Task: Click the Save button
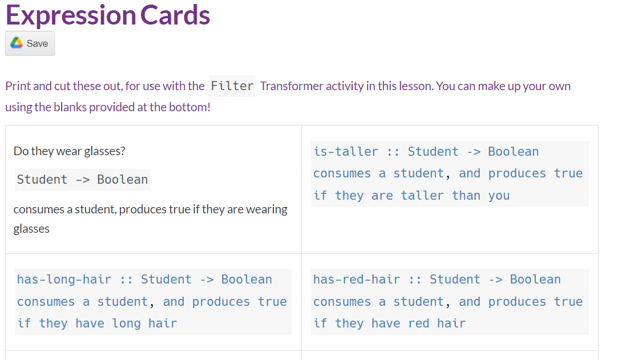point(30,43)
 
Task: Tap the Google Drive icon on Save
point(17,43)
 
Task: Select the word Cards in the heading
point(175,15)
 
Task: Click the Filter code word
point(232,86)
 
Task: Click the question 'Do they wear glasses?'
point(70,151)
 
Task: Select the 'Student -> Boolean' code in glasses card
point(82,180)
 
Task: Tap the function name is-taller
point(345,152)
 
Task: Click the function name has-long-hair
point(64,280)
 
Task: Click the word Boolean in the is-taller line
point(513,152)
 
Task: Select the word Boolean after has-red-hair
point(535,280)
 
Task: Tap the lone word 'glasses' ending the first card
point(31,229)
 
